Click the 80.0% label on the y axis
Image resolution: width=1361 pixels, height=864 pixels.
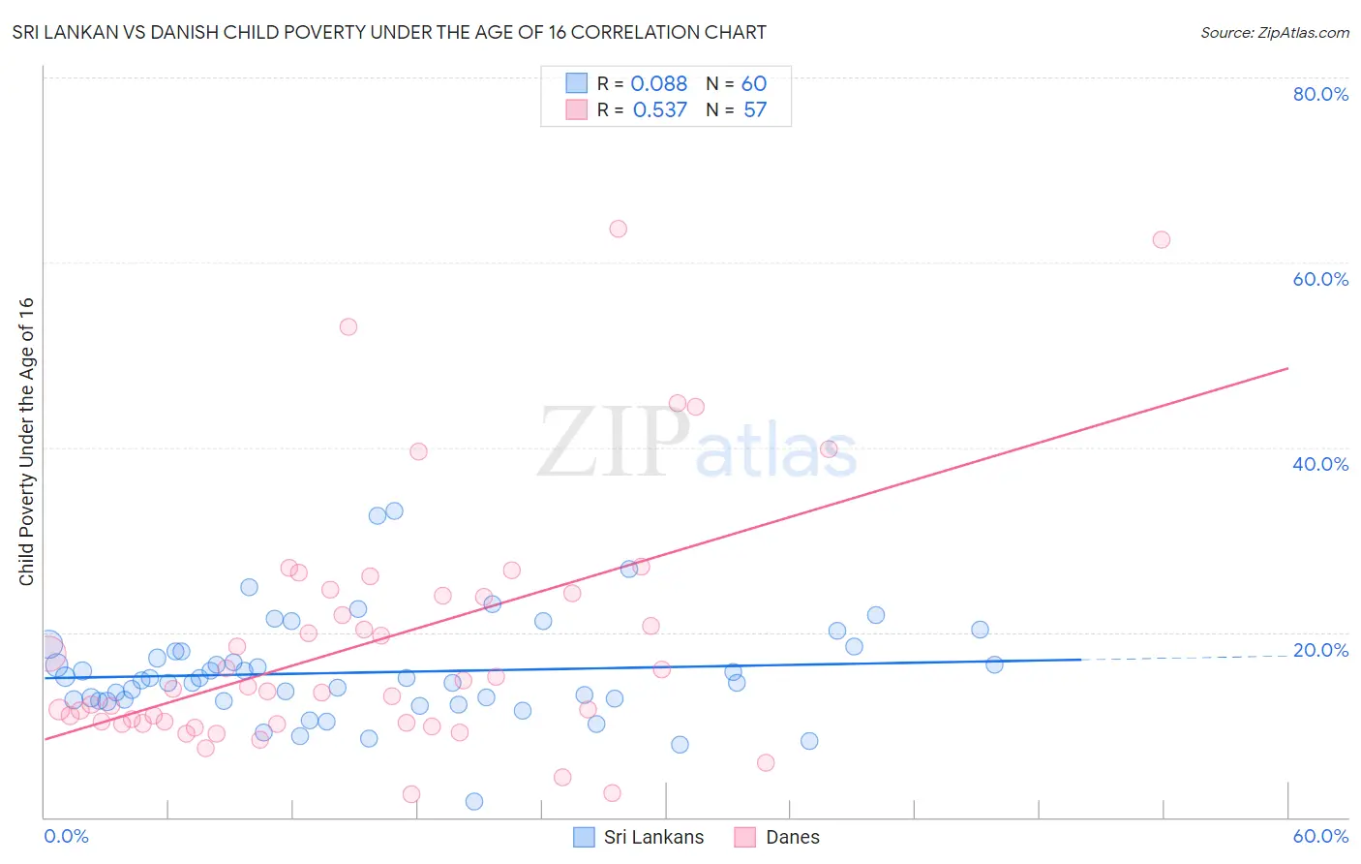pyautogui.click(x=1320, y=94)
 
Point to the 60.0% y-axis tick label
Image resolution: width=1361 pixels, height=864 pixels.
pyautogui.click(x=1320, y=279)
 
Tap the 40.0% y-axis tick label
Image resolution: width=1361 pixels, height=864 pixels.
pyautogui.click(x=1320, y=464)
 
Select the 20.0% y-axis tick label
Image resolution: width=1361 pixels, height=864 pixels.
pyautogui.click(x=1320, y=650)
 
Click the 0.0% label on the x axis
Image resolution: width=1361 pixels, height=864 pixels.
pyautogui.click(x=66, y=836)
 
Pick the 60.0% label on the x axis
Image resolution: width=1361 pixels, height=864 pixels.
pyautogui.click(x=1320, y=836)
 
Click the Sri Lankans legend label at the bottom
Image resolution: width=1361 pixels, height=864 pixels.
pyautogui.click(x=653, y=837)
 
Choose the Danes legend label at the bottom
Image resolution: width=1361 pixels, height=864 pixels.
pyautogui.click(x=792, y=837)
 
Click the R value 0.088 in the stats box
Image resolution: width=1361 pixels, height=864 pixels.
pyautogui.click(x=658, y=84)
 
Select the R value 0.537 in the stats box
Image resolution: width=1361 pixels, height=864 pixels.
pyautogui.click(x=659, y=110)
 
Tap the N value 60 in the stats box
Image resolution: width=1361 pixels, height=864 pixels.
pyautogui.click(x=754, y=84)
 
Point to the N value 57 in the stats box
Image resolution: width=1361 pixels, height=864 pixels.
pyautogui.click(x=755, y=110)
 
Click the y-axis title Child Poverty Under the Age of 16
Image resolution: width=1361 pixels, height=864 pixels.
pyautogui.click(x=26, y=442)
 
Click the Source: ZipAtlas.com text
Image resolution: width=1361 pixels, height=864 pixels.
pyautogui.click(x=1274, y=33)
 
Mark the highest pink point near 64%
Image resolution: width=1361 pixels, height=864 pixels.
pyautogui.click(x=618, y=229)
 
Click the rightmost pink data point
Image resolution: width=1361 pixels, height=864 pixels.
pyautogui.click(x=1161, y=239)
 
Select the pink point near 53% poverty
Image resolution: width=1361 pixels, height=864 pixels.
pyautogui.click(x=348, y=326)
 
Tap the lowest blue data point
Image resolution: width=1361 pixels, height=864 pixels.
pyautogui.click(x=474, y=801)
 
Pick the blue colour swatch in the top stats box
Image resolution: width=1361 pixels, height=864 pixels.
pyautogui.click(x=576, y=83)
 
